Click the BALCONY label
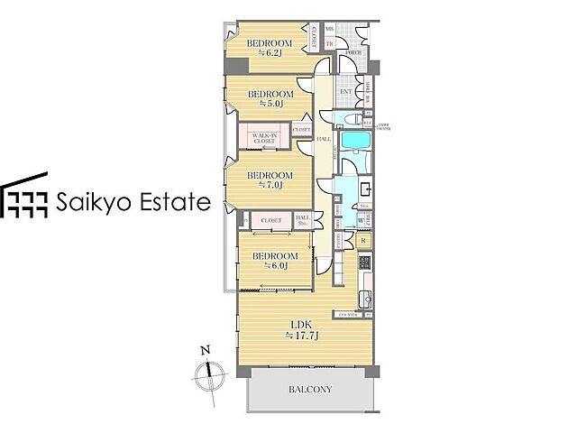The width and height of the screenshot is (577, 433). click(311, 391)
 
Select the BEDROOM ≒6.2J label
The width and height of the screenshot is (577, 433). click(270, 48)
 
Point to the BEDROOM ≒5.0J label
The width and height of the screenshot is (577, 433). click(270, 98)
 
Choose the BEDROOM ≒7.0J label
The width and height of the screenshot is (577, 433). click(270, 180)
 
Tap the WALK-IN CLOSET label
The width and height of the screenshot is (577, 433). click(264, 138)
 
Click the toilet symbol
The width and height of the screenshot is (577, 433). click(358, 118)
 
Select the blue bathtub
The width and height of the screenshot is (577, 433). click(353, 143)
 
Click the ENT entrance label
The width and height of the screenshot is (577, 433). click(345, 91)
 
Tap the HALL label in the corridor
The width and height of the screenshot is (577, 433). click(322, 139)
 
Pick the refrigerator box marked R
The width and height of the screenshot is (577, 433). click(362, 240)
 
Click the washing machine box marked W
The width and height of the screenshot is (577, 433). click(361, 219)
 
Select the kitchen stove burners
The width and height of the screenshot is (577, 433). click(364, 263)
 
